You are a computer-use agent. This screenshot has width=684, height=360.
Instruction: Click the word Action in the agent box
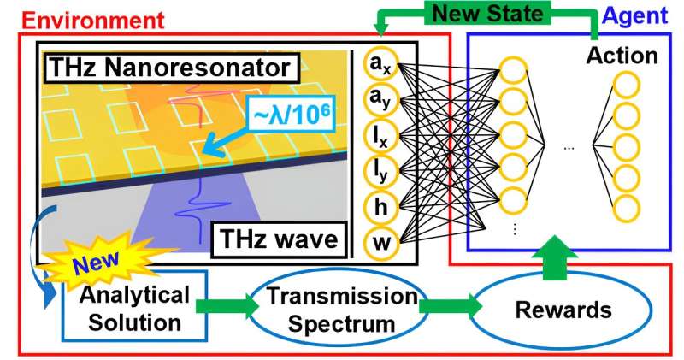[x=622, y=56]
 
